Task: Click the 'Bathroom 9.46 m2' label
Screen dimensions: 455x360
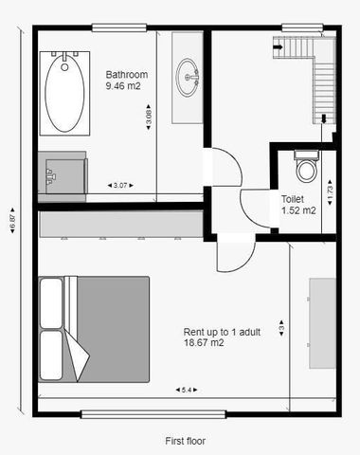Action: [125, 79]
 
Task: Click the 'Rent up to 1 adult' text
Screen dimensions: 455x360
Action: [223, 332]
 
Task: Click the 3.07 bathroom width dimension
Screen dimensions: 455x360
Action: [120, 185]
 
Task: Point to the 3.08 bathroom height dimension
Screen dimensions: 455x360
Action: [148, 118]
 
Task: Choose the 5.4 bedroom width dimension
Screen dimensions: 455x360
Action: [186, 390]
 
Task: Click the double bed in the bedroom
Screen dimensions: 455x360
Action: [94, 329]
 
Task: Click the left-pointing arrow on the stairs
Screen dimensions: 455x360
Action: [278, 43]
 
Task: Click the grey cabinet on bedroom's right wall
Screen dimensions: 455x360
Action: [321, 323]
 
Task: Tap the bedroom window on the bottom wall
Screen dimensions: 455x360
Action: [155, 413]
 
